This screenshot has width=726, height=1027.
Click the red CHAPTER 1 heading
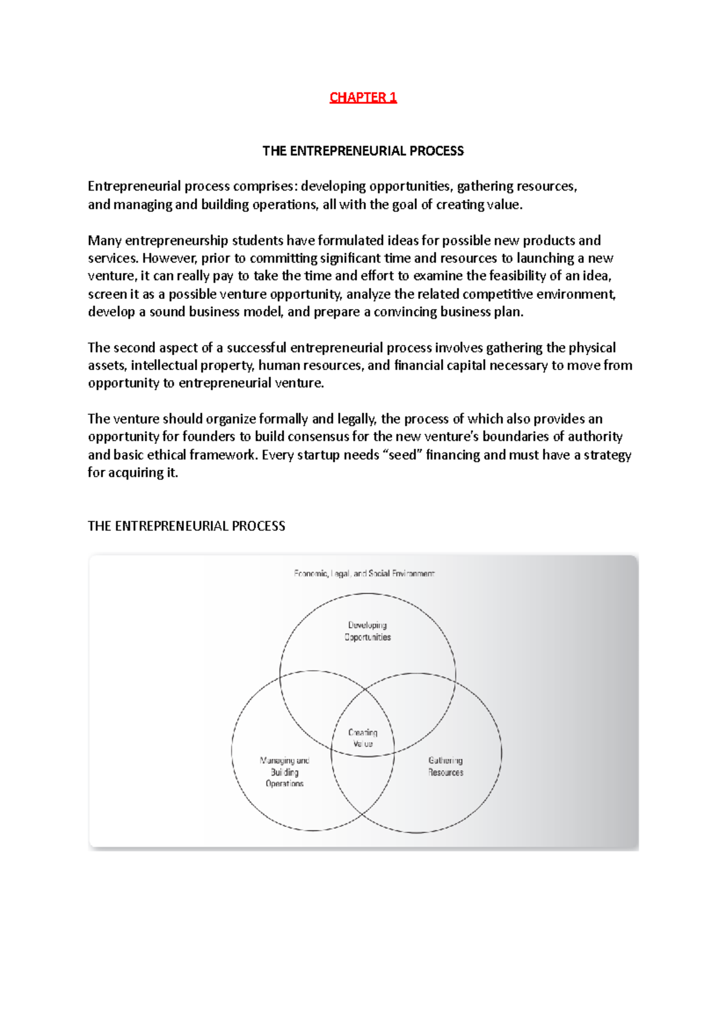363,97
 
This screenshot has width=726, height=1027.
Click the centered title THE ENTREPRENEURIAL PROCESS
363,151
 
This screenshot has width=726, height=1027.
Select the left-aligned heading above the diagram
186,526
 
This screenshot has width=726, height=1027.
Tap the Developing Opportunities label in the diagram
368,631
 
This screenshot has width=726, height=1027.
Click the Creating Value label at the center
363,738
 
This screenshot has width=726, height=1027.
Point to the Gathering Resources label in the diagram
446,766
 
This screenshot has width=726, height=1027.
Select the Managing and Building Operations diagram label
284,772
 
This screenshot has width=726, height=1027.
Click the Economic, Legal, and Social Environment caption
364,573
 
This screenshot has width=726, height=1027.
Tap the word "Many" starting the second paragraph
105,241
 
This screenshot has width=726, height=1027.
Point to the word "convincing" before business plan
405,312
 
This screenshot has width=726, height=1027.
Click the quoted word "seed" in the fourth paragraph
402,455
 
